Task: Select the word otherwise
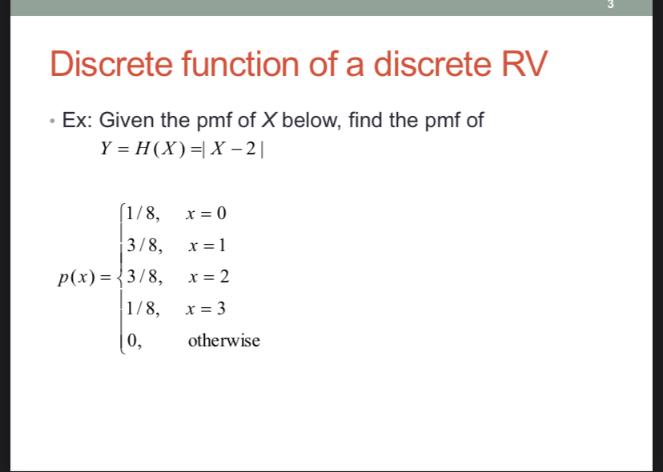[223, 341]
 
